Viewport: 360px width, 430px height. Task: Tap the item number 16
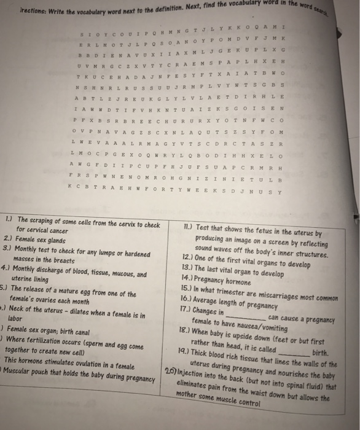pos(186,297)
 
